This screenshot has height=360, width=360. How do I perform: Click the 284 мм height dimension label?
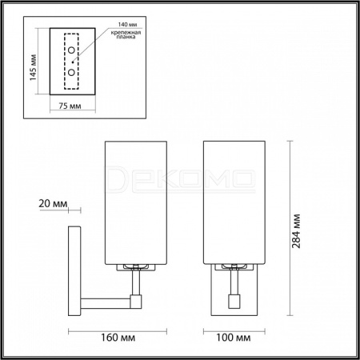click(x=296, y=231)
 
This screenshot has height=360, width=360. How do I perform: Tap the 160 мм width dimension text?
click(x=118, y=338)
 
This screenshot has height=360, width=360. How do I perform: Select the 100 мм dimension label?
click(x=234, y=338)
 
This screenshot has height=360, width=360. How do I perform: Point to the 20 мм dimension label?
click(x=53, y=204)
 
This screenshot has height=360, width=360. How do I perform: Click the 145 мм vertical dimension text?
click(x=33, y=68)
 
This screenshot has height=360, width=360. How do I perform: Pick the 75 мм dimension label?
click(x=70, y=106)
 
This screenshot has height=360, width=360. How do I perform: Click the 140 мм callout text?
click(x=128, y=25)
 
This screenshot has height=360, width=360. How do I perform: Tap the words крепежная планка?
click(x=126, y=34)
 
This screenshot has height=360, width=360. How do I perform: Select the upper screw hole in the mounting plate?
click(x=71, y=50)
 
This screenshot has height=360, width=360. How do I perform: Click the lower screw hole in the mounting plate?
click(x=71, y=72)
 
